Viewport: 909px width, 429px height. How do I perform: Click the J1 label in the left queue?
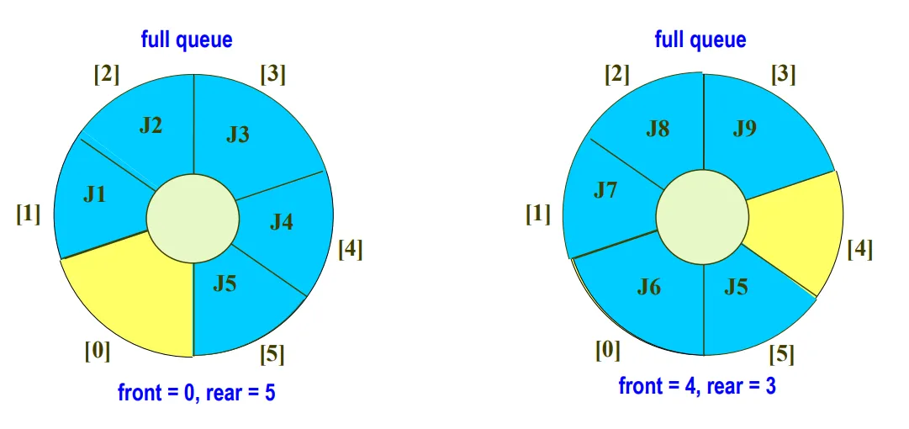[x=94, y=195]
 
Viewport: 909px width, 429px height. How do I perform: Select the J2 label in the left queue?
[x=151, y=126]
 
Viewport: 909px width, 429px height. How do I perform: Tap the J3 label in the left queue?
[x=238, y=135]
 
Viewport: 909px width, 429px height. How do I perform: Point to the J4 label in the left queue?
[x=282, y=222]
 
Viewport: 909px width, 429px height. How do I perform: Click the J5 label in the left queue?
[x=225, y=283]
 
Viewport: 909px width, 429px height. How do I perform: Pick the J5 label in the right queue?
[x=736, y=288]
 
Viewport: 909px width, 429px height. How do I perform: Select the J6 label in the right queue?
[x=648, y=288]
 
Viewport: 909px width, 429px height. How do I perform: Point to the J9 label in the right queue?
[x=744, y=130]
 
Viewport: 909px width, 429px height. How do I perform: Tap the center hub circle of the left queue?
[x=193, y=219]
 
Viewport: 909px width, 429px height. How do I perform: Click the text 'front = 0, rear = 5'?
[x=197, y=392]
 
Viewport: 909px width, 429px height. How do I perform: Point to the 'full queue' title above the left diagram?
[x=187, y=39]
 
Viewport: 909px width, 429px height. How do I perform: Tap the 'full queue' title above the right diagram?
[x=700, y=39]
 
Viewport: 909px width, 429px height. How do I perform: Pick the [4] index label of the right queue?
[x=860, y=249]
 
